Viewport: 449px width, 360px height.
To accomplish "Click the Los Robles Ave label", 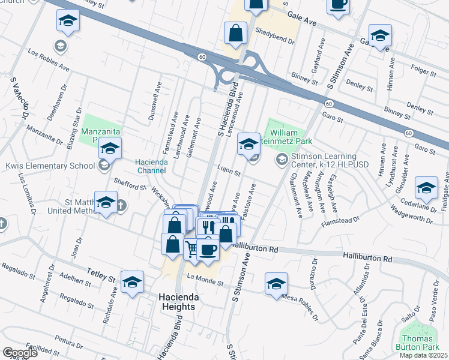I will pos(49,60).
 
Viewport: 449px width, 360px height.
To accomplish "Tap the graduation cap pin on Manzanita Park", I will pos(110,148).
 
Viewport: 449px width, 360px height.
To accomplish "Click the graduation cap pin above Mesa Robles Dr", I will pos(276,284).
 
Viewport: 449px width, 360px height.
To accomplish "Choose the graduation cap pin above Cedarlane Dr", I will pos(426,188).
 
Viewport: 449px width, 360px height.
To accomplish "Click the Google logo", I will pos(20,353).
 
